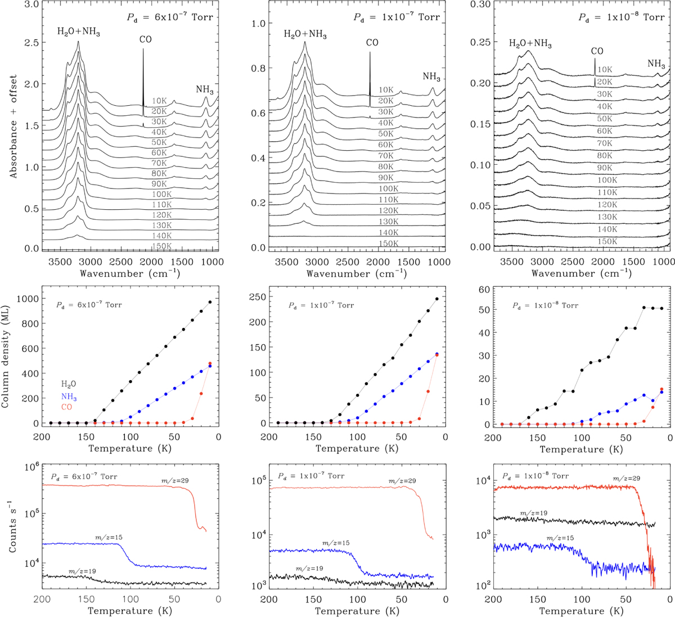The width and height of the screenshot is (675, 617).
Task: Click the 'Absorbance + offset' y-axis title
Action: coord(13,126)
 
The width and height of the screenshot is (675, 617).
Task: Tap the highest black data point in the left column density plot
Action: coord(210,302)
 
